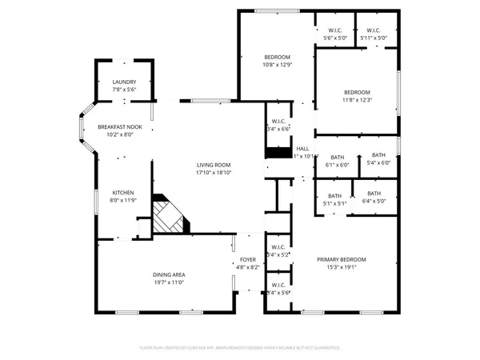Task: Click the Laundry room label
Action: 124,82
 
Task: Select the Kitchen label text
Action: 123,193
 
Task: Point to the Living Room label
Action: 214,164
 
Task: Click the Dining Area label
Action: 169,274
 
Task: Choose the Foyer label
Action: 248,260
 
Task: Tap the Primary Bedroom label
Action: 341,260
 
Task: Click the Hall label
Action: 303,149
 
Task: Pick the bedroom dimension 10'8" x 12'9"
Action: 278,66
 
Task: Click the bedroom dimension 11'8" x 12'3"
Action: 357,100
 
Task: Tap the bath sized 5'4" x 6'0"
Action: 378,163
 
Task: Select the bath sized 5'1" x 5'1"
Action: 334,203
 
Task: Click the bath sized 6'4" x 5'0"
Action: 374,201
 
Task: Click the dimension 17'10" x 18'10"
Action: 214,172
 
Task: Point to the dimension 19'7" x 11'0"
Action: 169,283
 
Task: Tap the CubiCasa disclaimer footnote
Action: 240,348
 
